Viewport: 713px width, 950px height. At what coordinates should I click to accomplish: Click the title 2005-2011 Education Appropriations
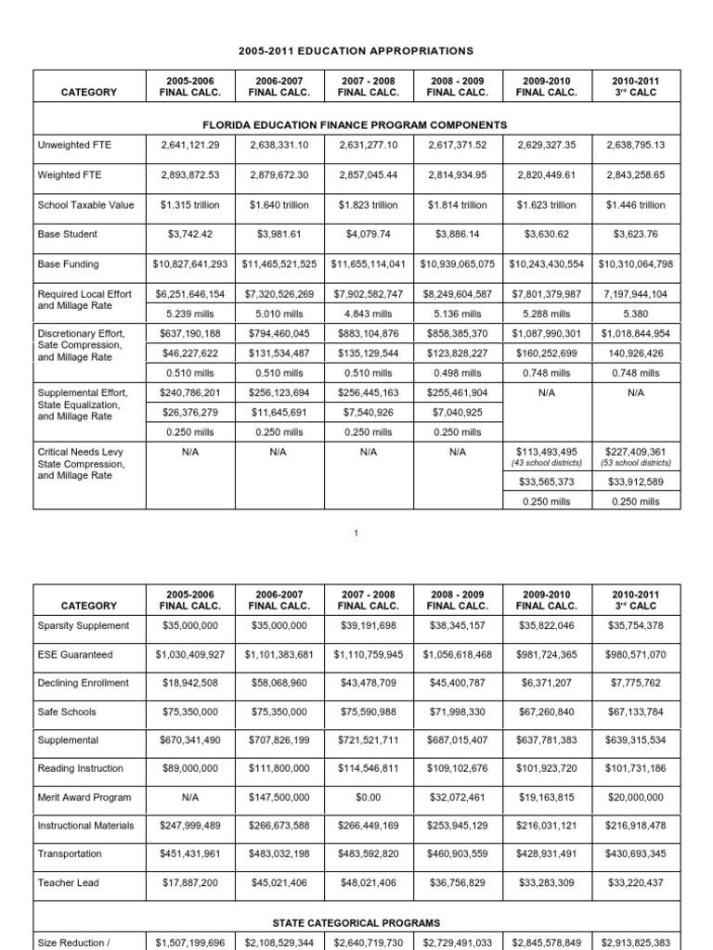pos(356,49)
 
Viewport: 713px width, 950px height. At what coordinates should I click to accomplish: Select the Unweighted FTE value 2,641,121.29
pos(192,145)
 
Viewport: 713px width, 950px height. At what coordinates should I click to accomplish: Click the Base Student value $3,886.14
pos(458,235)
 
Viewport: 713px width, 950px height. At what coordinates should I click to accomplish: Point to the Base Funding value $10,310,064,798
pos(635,264)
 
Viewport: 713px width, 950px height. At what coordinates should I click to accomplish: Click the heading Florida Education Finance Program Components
pos(356,124)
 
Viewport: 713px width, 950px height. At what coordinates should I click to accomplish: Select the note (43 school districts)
pos(547,463)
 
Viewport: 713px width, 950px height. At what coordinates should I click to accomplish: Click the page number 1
pos(356,531)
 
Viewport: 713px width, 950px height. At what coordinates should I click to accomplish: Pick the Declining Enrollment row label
pos(83,684)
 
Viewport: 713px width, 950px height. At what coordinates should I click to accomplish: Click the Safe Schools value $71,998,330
pos(458,712)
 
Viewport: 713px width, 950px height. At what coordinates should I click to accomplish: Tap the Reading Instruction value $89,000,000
pos(192,769)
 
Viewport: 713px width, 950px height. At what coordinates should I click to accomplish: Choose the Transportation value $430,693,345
pos(635,854)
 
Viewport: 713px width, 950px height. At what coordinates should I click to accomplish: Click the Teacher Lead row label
pos(67,882)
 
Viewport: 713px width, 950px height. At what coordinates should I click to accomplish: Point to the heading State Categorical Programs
pos(356,923)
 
